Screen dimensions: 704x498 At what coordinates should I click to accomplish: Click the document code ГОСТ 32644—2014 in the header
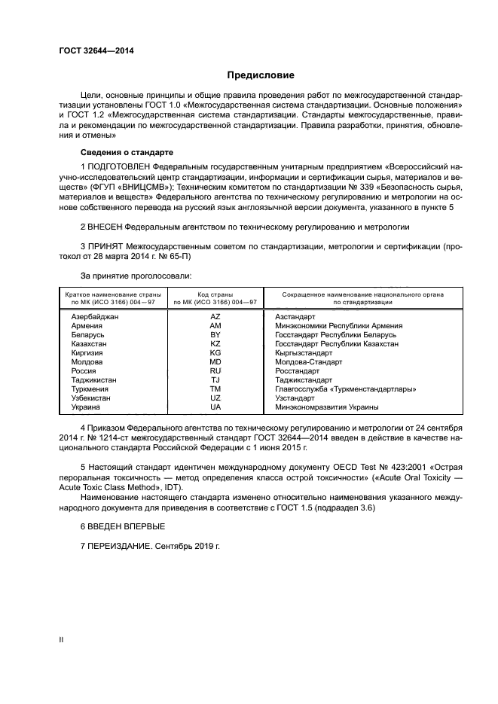(92, 51)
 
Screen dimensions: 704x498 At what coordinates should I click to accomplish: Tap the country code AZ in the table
(215, 317)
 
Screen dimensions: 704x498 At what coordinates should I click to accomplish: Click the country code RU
(215, 370)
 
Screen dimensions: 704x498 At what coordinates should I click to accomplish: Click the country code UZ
(215, 398)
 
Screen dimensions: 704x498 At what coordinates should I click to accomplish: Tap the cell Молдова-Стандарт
(307, 361)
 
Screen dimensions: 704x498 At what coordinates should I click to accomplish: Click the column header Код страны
(215, 294)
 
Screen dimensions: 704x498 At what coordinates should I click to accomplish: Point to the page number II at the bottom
(62, 639)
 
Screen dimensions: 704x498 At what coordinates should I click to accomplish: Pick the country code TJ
(215, 379)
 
